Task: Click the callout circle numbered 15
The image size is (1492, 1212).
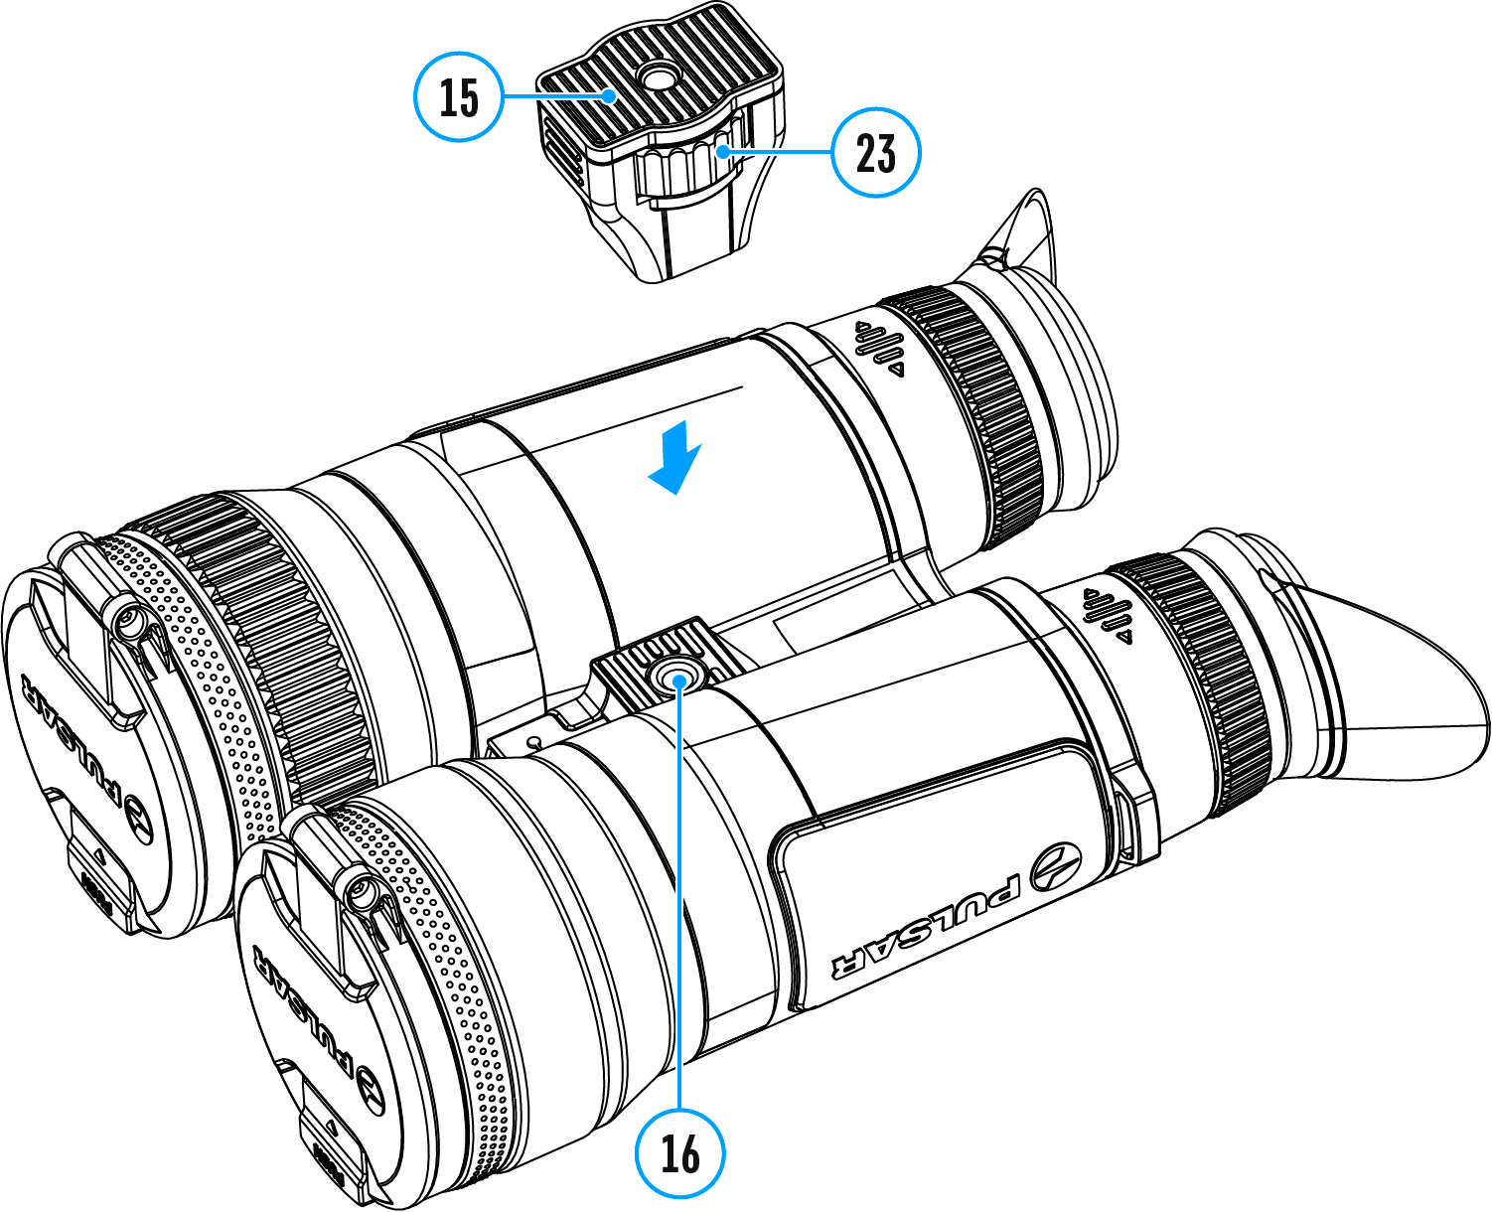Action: [x=459, y=96]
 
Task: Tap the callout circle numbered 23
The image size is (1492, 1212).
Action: [x=875, y=153]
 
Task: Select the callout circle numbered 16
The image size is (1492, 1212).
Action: [x=680, y=1152]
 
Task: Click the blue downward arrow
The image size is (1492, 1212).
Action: [x=676, y=458]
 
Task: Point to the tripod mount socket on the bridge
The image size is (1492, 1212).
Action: [x=677, y=679]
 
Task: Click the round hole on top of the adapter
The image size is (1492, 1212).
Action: [x=655, y=76]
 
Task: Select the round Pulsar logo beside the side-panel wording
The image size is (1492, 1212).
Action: [x=1054, y=867]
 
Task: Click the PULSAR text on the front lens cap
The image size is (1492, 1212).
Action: [x=303, y=1013]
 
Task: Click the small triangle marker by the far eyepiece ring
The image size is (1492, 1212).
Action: [x=897, y=370]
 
